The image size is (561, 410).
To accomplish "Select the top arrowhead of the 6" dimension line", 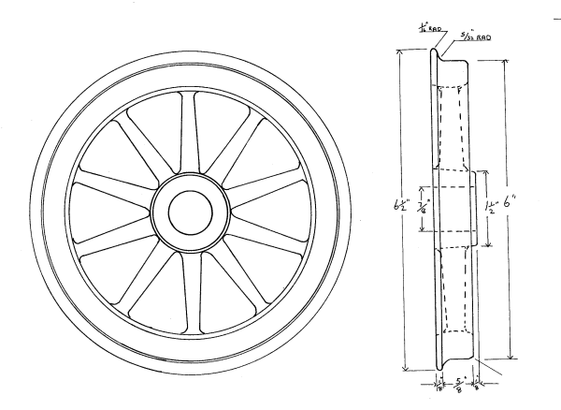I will [x=510, y=61].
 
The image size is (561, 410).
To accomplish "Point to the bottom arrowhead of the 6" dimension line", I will [x=511, y=358].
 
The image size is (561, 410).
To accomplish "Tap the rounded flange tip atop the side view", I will [x=436, y=47].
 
